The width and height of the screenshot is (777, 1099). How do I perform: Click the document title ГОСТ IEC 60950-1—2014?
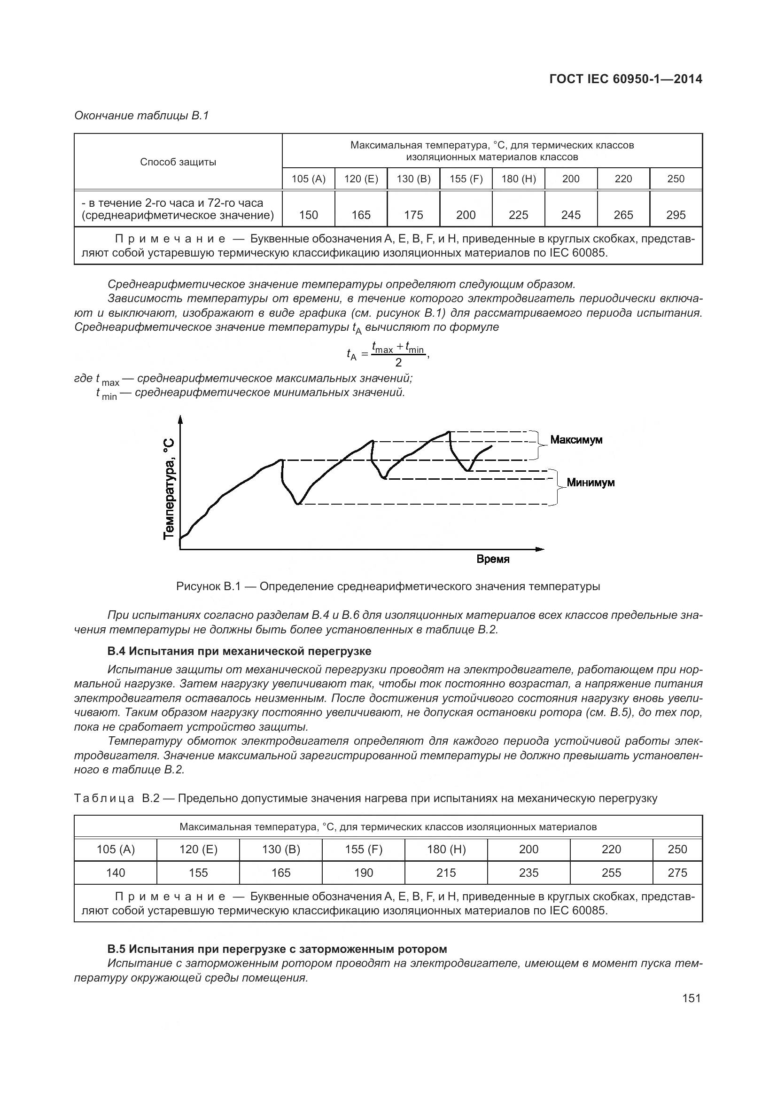(626, 79)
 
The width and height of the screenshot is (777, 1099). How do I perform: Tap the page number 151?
(692, 998)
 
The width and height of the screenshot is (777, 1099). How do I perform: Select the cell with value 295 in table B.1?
(676, 215)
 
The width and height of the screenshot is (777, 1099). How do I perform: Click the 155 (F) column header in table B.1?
(466, 179)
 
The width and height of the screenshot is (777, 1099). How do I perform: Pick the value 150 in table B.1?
(308, 215)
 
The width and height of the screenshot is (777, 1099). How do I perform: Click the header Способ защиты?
(178, 162)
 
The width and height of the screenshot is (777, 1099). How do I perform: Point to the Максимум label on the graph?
(576, 439)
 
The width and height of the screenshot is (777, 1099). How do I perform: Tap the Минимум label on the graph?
(591, 483)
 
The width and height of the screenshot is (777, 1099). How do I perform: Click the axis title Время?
(493, 559)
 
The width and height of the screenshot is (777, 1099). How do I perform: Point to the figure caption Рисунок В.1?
(388, 586)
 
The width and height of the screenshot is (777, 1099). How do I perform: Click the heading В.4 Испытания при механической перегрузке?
(239, 651)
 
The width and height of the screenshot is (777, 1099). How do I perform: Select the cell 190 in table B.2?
(363, 873)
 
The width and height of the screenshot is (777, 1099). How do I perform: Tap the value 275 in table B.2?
(677, 873)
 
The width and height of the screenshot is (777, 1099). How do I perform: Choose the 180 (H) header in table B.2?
(446, 849)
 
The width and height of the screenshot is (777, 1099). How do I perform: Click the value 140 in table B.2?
(115, 873)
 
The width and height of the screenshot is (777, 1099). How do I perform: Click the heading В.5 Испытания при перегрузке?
(277, 949)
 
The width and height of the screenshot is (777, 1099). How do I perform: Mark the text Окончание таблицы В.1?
(141, 116)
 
